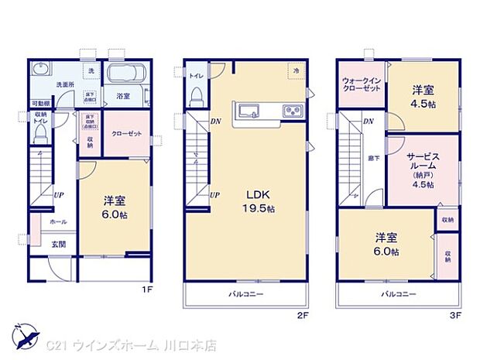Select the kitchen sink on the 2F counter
(251, 111)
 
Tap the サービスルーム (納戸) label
(423, 169)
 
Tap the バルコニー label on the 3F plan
(398, 294)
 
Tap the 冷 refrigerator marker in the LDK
(296, 71)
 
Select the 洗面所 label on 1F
(64, 84)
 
